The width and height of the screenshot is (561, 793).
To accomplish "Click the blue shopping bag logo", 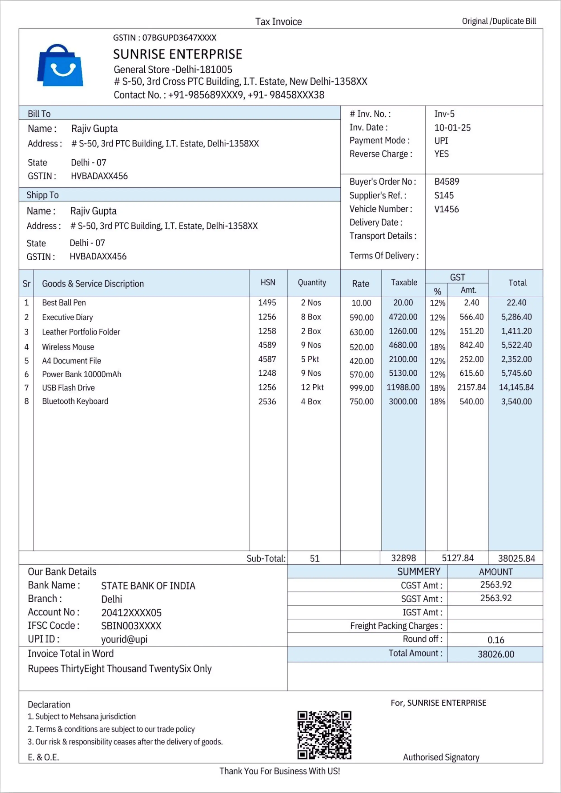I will click(x=60, y=65).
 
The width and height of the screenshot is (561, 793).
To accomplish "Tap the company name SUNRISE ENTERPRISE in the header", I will click(x=178, y=54).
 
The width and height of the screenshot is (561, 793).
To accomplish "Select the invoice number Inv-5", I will click(x=444, y=114).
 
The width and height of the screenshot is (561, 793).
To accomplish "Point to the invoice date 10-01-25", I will click(x=452, y=127).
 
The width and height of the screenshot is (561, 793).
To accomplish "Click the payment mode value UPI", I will click(x=441, y=141).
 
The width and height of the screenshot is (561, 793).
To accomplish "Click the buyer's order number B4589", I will click(x=447, y=182).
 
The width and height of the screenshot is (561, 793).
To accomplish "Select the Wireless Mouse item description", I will click(x=68, y=347).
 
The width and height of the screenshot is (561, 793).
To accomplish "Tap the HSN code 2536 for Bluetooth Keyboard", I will click(x=267, y=401).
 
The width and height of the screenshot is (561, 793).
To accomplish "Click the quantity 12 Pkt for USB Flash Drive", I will click(x=312, y=387).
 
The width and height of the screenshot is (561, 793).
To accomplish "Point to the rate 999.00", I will click(x=361, y=388).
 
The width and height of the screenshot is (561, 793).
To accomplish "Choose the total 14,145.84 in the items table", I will click(x=516, y=387).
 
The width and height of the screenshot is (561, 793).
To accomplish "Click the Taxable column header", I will click(x=404, y=283).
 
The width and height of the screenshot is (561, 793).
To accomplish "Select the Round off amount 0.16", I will click(x=496, y=640).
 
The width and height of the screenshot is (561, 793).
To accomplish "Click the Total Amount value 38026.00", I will click(x=496, y=654).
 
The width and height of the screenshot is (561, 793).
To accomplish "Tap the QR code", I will click(x=324, y=735).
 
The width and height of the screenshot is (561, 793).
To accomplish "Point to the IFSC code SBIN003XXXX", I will click(x=131, y=626).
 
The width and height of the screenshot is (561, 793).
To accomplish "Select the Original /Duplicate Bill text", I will click(x=499, y=21).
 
